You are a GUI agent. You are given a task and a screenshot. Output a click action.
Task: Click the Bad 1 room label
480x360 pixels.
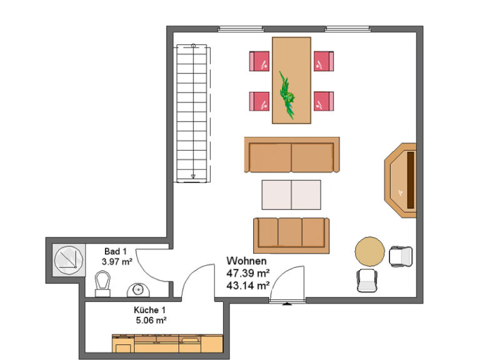pyautogui.click(x=116, y=251)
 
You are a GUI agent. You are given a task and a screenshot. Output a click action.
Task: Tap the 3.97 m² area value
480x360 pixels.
pyautogui.click(x=117, y=262)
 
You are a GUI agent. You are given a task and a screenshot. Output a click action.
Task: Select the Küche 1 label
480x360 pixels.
pyautogui.click(x=150, y=310)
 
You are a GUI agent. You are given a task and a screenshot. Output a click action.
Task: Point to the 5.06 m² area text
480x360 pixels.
pyautogui.click(x=151, y=321)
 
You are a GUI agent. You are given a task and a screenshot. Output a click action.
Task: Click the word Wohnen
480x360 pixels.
pyautogui.click(x=246, y=261)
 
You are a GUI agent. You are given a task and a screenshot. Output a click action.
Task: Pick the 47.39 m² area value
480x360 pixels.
pyautogui.click(x=248, y=272)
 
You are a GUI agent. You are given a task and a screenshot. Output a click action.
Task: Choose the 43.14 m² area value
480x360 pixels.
pyautogui.click(x=248, y=285)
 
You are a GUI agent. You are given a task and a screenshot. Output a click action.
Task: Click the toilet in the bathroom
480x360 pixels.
pyautogui.click(x=102, y=284)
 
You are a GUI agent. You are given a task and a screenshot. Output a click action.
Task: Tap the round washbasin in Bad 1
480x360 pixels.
pyautogui.click(x=138, y=290)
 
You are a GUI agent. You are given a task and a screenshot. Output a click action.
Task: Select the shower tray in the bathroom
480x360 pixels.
pyautogui.click(x=69, y=260)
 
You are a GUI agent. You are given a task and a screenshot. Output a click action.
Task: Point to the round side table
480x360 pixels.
pyautogui.click(x=370, y=251)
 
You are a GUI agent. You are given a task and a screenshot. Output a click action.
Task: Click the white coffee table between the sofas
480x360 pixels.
pyautogui.click(x=291, y=195)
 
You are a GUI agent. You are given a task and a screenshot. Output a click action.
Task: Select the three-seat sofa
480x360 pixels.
pyautogui.click(x=291, y=236)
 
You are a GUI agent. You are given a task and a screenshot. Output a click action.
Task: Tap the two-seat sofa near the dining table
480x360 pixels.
pyautogui.click(x=292, y=155)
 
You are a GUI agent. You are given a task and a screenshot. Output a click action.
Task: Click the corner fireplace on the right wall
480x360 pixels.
pyautogui.click(x=401, y=180)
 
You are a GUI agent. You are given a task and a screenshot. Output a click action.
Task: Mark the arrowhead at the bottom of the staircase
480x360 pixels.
pyautogui.click(x=193, y=176)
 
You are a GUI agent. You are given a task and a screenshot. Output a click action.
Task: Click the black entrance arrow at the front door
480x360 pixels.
pyautogui.click(x=287, y=304)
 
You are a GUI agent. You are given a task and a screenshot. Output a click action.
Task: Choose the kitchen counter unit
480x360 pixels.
pyautogui.click(x=167, y=344)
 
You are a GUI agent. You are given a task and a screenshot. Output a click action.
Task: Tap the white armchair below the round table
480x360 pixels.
pyautogui.click(x=367, y=281)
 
